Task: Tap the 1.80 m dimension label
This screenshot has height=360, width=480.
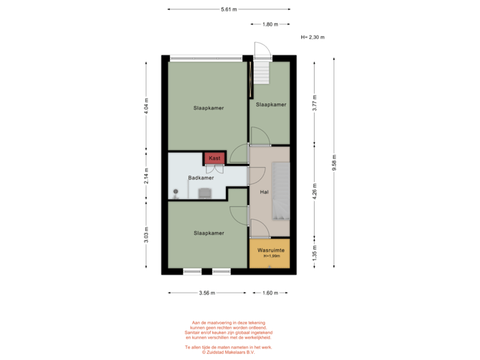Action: click(269, 25)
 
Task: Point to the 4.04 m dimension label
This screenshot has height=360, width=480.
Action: click(146, 106)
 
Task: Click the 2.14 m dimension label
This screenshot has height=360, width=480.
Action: click(146, 175)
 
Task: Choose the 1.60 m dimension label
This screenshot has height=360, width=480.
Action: click(270, 293)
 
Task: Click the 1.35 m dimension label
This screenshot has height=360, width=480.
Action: click(314, 253)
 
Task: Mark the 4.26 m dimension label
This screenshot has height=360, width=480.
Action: click(314, 191)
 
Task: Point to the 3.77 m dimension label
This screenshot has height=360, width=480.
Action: click(314, 103)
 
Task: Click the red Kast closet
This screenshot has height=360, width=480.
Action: click(215, 158)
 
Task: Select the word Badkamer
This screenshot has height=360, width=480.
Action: click(201, 178)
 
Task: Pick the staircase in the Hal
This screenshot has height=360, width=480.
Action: click(281, 191)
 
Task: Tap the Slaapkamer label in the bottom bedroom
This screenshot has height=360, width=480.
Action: click(209, 233)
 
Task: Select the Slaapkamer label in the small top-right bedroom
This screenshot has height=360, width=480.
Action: click(271, 105)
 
